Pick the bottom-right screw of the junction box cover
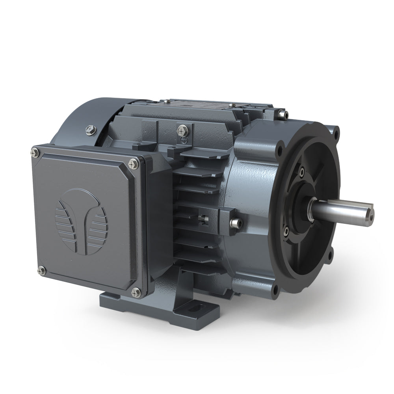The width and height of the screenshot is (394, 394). coord(136,292)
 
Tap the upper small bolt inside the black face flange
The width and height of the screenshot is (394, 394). coord(301,171)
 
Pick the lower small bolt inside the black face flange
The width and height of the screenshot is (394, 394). coord(286,230)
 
